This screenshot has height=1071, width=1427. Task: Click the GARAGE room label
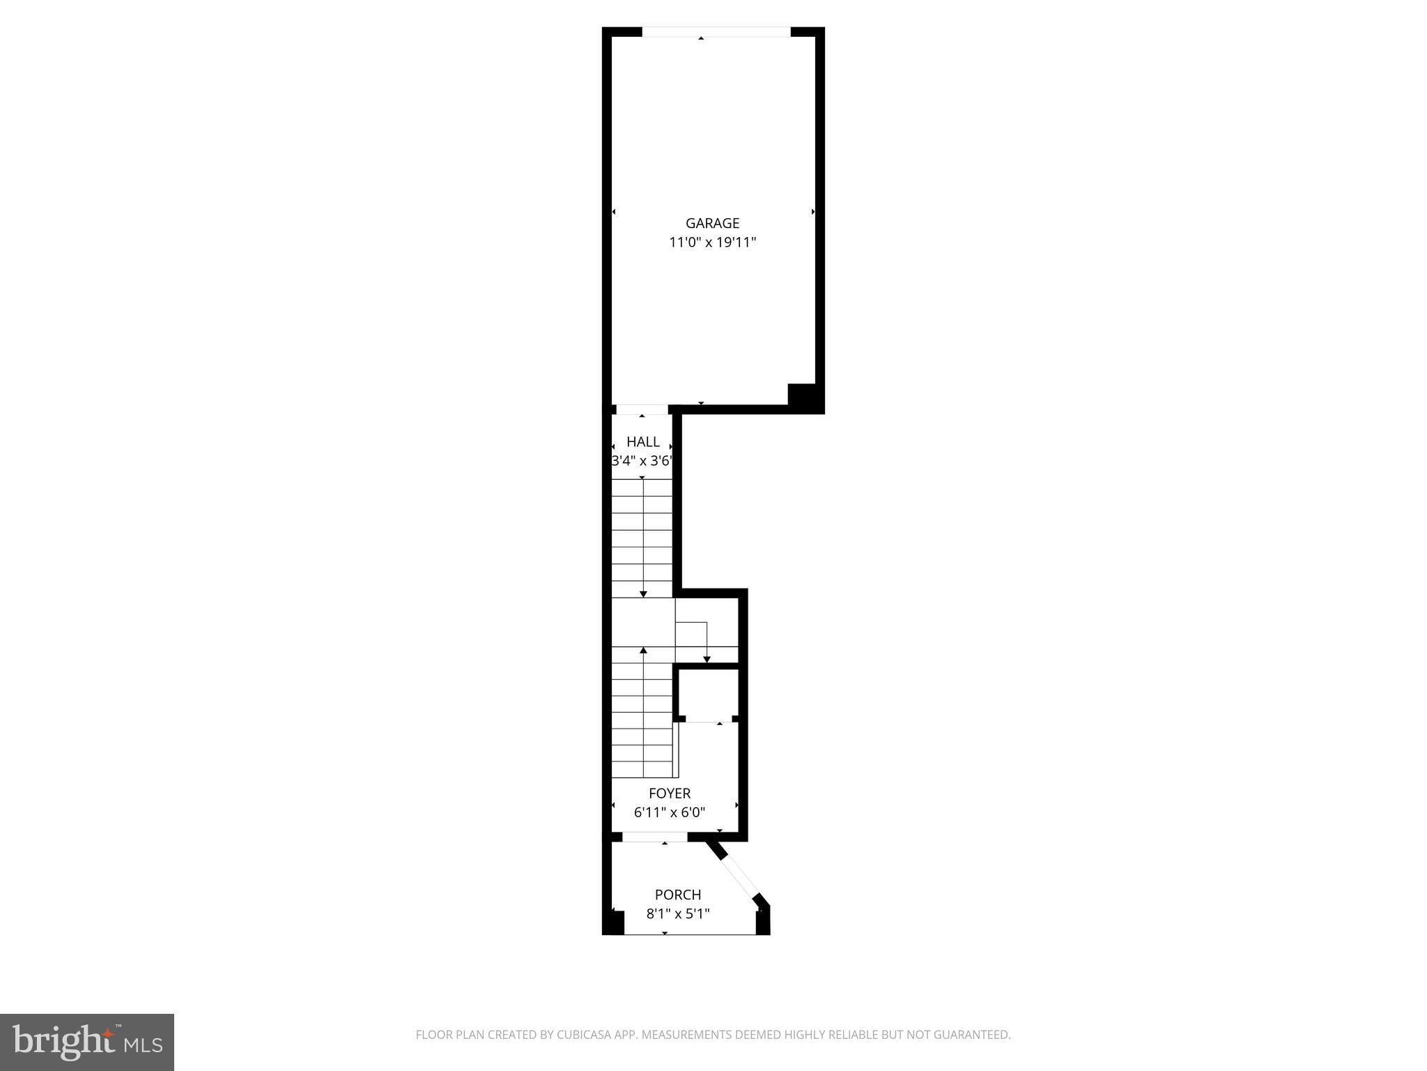(712, 223)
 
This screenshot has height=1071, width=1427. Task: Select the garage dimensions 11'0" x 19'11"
(712, 243)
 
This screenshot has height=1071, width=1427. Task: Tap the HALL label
(642, 441)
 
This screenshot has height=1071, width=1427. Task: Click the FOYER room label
(670, 793)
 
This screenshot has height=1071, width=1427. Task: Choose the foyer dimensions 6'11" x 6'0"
(670, 812)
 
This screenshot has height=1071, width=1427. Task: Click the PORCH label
(678, 895)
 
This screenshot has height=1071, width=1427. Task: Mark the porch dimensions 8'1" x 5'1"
(678, 913)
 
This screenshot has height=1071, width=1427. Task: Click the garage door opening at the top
(716, 31)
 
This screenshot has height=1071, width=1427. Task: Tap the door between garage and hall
(642, 409)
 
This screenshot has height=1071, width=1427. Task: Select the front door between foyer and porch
(654, 837)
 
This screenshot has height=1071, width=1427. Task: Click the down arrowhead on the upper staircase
(643, 593)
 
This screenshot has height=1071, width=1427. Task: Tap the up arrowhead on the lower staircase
(643, 651)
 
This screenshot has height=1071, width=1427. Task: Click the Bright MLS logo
(87, 1042)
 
